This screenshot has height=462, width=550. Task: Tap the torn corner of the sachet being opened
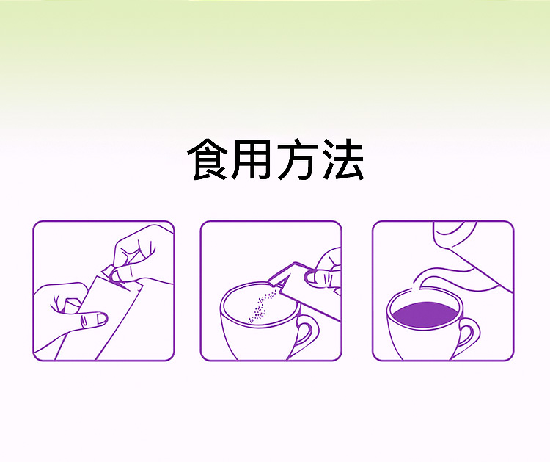111,272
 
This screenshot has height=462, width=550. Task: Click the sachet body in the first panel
110,323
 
